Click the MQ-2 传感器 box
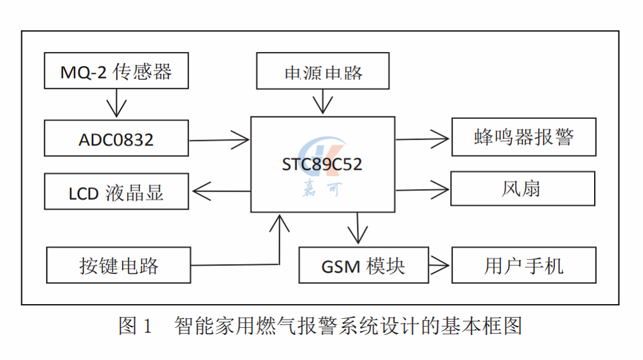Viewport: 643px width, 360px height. tap(116, 71)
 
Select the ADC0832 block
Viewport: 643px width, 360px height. tap(116, 138)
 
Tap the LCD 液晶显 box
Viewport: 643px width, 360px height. tap(116, 192)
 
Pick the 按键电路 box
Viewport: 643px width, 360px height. tap(119, 265)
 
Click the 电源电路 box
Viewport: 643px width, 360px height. tap(323, 71)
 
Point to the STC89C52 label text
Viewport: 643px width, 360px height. tap(322, 165)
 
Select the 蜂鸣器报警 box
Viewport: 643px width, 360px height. tap(523, 137)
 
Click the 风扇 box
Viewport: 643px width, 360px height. tap(522, 188)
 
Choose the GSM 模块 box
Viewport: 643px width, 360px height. tap(364, 265)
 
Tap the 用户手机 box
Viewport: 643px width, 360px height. tap(523, 265)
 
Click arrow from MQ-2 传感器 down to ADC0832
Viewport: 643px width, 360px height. tap(116, 104)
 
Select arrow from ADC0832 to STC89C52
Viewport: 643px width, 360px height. tap(219, 139)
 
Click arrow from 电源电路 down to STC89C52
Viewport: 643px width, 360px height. tap(323, 102)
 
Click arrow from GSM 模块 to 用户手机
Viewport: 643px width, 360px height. tap(440, 264)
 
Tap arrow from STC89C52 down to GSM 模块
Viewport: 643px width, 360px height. tap(358, 228)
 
